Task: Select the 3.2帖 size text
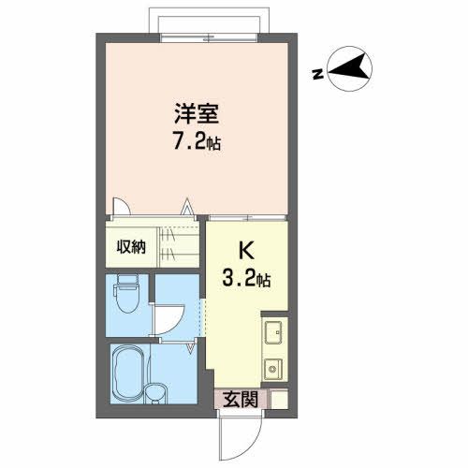coord(247,278)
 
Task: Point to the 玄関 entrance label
coord(241,400)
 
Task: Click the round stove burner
coord(274,368)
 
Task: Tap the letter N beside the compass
coord(318,76)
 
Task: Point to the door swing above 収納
coord(120,208)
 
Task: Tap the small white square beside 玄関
coord(279,401)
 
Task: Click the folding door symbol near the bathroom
coord(194,346)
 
